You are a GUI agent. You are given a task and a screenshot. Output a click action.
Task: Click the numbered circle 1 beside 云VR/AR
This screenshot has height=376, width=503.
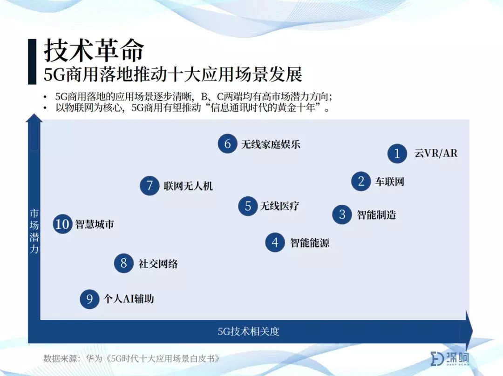tap(397, 154)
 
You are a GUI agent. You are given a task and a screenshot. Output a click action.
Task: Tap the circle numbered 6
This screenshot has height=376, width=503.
tap(227, 144)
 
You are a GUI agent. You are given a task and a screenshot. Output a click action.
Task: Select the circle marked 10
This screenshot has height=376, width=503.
tap(62, 224)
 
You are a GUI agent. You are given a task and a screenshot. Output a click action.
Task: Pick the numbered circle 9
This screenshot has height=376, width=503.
tap(89, 299)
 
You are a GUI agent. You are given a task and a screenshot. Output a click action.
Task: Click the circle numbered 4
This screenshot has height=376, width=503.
tap(275, 242)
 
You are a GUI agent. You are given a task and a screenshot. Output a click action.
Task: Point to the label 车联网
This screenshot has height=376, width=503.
tap(390, 182)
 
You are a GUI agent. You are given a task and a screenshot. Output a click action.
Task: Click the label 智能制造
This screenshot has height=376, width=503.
tap(377, 215)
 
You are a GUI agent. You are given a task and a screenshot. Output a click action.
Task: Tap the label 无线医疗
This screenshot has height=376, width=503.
tap(279, 206)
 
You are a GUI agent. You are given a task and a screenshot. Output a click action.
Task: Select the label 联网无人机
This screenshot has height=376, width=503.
tap(188, 186)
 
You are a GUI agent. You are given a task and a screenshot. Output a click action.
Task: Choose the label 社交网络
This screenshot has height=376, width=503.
tap(158, 264)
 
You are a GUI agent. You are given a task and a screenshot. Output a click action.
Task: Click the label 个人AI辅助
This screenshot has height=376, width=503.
tap(129, 299)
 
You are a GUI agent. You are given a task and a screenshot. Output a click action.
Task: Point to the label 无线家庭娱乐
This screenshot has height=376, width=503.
tap(271, 144)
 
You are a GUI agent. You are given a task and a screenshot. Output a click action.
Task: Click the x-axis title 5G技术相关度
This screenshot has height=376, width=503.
tap(249, 331)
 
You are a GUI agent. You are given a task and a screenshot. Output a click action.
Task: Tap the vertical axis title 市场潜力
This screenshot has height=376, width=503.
tap(34, 231)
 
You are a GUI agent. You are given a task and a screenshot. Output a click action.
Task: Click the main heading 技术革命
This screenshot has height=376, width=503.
tap(94, 50)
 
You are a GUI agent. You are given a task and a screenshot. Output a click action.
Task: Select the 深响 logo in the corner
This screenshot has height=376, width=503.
tap(450, 358)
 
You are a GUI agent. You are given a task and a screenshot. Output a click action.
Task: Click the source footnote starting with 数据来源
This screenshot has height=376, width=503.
tap(131, 358)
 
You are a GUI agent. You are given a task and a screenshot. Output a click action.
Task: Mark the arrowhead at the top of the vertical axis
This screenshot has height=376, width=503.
tap(34, 118)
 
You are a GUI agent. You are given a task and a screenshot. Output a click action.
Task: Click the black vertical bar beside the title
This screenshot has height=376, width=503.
tap(32, 61)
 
